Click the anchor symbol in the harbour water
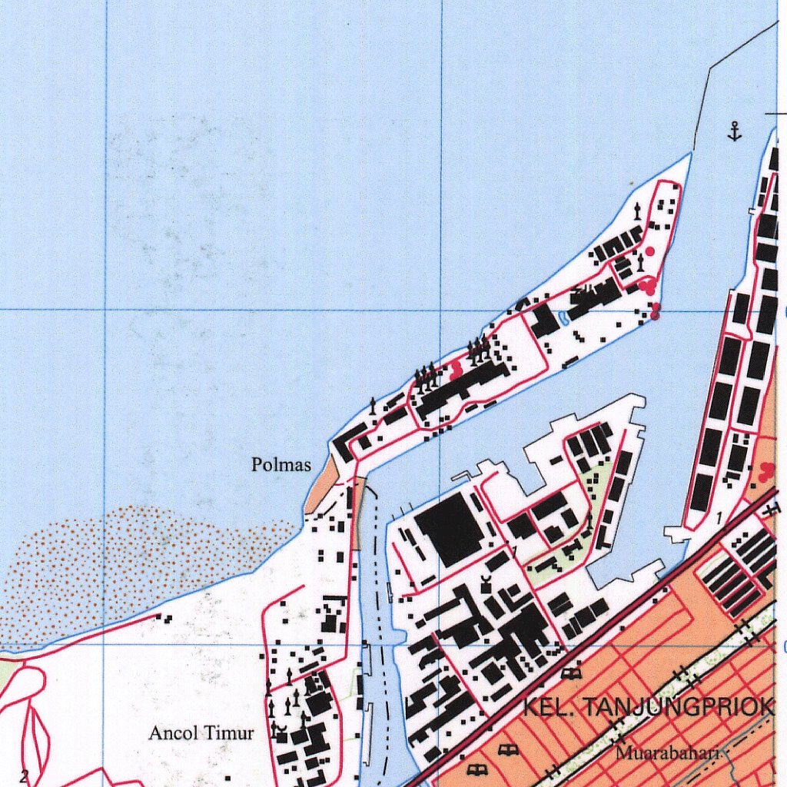[x=735, y=132]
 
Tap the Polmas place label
[x=281, y=465]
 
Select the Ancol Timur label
[x=201, y=733]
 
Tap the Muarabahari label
[x=666, y=753]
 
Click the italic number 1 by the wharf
[x=718, y=520]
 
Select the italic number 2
[x=24, y=776]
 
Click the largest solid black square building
[x=449, y=529]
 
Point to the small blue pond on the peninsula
[x=566, y=317]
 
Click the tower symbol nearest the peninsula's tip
[x=637, y=209]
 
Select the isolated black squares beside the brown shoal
[x=163, y=616]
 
